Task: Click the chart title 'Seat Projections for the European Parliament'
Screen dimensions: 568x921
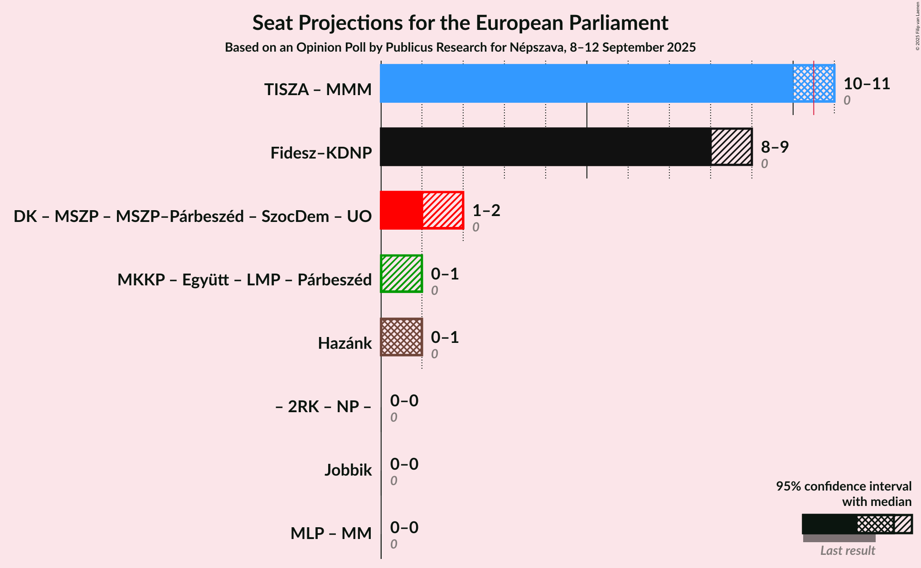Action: (460, 23)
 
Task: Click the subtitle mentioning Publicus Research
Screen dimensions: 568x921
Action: (460, 48)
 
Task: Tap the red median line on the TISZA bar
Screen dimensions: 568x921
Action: (814, 83)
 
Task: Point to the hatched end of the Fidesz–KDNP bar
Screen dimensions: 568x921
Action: (731, 147)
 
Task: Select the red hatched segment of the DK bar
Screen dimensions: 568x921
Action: (443, 210)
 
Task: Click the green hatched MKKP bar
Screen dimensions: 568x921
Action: (402, 274)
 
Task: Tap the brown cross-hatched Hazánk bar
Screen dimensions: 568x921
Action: (402, 337)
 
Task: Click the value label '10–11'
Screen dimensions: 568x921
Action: (867, 84)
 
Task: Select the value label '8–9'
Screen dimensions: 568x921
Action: (775, 147)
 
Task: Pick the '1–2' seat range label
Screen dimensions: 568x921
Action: (486, 210)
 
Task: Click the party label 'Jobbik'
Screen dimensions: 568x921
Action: (348, 470)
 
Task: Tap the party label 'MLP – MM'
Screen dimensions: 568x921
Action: (331, 534)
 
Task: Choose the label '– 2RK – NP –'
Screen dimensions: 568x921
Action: (323, 407)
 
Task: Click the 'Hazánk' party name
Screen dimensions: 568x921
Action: (344, 343)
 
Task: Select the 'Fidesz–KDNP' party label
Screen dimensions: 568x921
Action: (321, 153)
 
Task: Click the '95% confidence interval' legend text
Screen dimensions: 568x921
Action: (843, 486)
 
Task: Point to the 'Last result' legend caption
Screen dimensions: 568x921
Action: (848, 551)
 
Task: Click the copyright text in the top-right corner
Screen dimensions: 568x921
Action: (918, 26)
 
